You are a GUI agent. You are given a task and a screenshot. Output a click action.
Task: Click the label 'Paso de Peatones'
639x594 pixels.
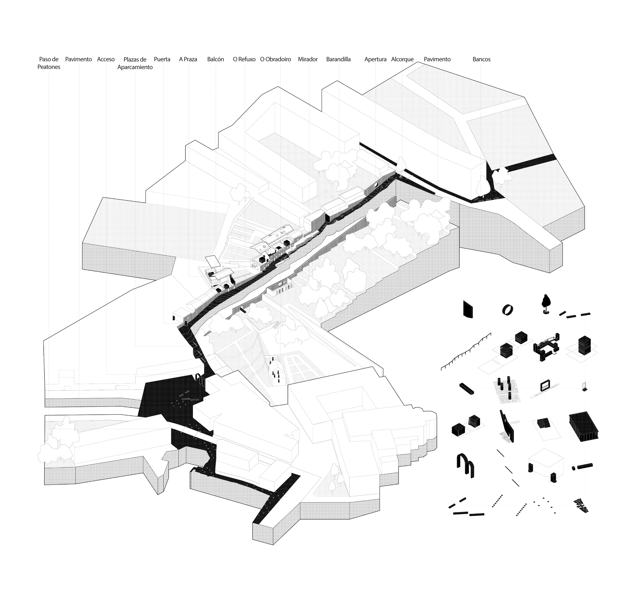point(49,63)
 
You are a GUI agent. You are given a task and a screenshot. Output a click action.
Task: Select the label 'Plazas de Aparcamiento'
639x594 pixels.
point(135,63)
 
